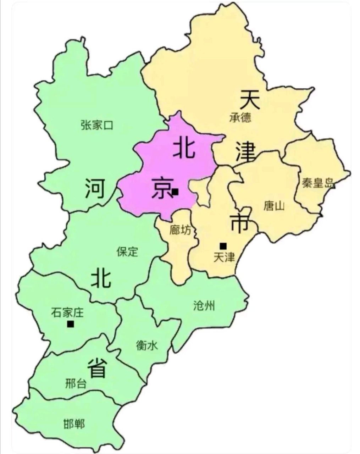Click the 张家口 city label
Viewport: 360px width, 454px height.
[96, 125]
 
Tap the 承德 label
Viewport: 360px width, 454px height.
[240, 117]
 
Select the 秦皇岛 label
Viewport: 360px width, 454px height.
[318, 183]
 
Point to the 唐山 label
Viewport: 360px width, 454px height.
[274, 206]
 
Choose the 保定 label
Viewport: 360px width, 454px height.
[127, 251]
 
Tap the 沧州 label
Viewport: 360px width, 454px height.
[204, 305]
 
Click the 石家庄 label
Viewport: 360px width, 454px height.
[67, 312]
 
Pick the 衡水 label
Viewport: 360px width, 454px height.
[146, 345]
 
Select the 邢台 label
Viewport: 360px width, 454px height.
[76, 383]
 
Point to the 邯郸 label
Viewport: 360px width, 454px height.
[74, 424]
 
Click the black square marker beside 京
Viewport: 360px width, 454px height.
[175, 192]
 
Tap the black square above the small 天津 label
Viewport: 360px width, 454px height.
[223, 245]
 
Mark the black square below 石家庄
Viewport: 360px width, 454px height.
[71, 324]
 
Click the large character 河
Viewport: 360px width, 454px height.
[95, 189]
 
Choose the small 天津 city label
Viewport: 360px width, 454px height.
[224, 257]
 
